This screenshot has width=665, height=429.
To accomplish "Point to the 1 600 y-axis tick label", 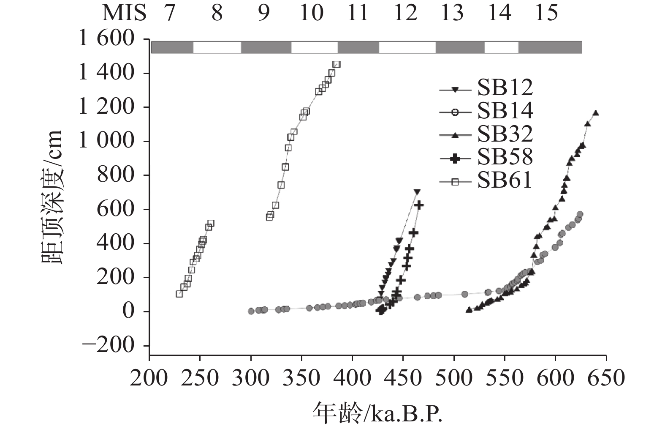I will [106, 39].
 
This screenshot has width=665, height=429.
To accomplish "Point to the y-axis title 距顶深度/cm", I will [52, 197].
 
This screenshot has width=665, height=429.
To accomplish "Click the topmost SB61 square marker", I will [337, 64].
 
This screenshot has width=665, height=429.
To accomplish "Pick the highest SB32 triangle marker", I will [596, 113].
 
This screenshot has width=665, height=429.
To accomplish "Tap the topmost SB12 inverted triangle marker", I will [417, 192].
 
